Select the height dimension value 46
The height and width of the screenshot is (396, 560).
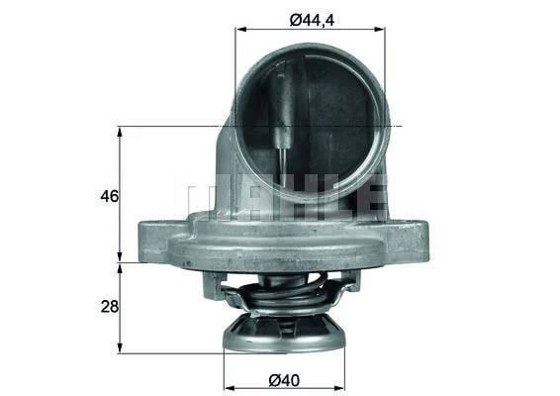[x=109, y=196]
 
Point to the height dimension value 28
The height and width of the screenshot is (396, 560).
[x=109, y=307]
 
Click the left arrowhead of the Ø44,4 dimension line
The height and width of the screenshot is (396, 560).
[x=239, y=29]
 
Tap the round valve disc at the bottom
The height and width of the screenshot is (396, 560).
[x=284, y=335]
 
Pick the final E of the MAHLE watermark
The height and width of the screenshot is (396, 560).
[x=370, y=196]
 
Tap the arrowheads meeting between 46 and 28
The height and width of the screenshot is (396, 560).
[x=120, y=263]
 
